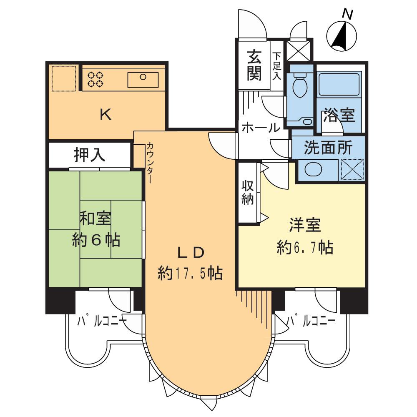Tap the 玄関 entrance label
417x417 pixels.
tap(254, 65)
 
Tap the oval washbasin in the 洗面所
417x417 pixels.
tap(314, 170)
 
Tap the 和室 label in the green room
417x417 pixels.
tap(95, 218)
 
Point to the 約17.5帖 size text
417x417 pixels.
tap(190, 273)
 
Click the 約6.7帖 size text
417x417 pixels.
tap(305, 248)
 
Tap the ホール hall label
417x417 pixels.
tap(261, 128)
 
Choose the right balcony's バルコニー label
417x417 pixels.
tap(313, 321)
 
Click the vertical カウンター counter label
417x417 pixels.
tap(149, 163)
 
